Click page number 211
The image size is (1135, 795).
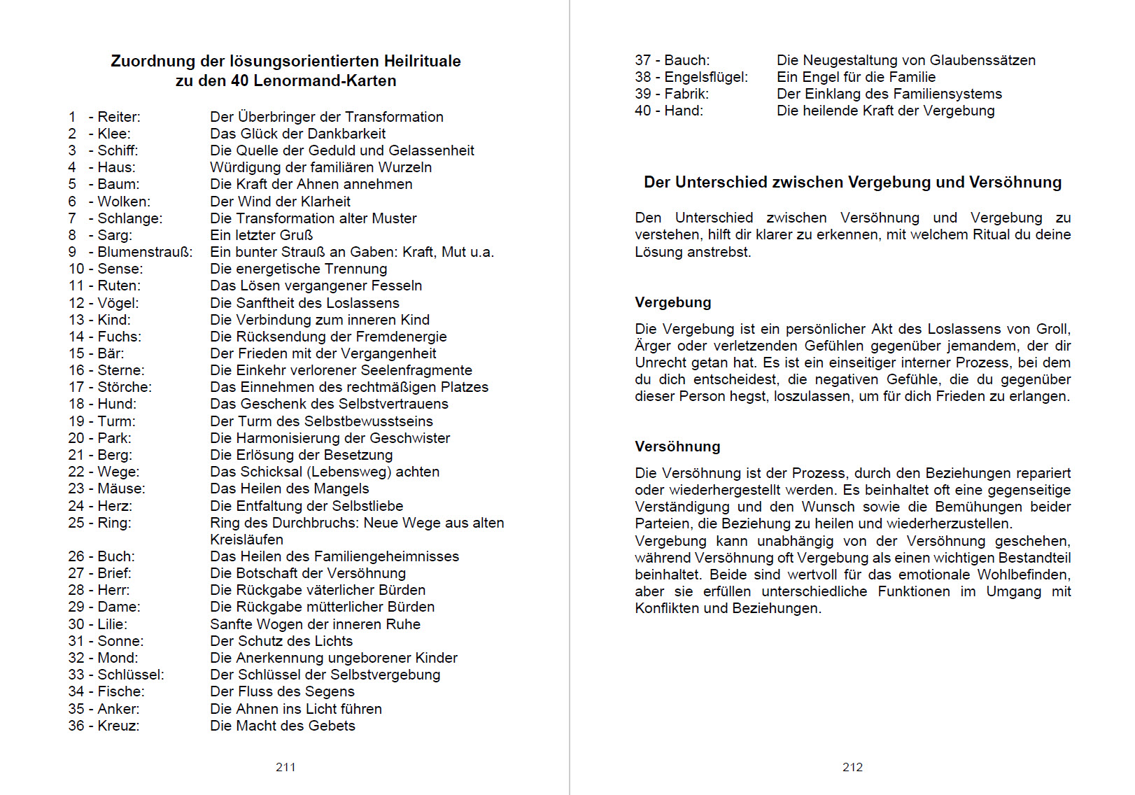coord(285,767)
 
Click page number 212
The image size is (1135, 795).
coord(852,767)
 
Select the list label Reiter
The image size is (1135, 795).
coord(118,117)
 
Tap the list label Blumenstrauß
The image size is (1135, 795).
coord(145,252)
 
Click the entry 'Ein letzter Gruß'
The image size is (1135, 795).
coord(261,235)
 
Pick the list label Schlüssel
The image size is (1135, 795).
coord(130,675)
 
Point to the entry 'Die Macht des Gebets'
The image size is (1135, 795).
coord(283,726)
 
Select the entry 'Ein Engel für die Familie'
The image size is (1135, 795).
coord(856,77)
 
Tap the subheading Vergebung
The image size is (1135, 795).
coord(672,302)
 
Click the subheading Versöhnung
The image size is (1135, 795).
coord(677,446)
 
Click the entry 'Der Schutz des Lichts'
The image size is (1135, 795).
coord(281,641)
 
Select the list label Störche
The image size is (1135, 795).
coord(124,387)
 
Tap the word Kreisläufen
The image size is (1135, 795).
coord(246,540)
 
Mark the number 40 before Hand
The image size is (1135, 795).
coord(643,111)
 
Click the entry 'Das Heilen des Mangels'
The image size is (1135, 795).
coord(289,488)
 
